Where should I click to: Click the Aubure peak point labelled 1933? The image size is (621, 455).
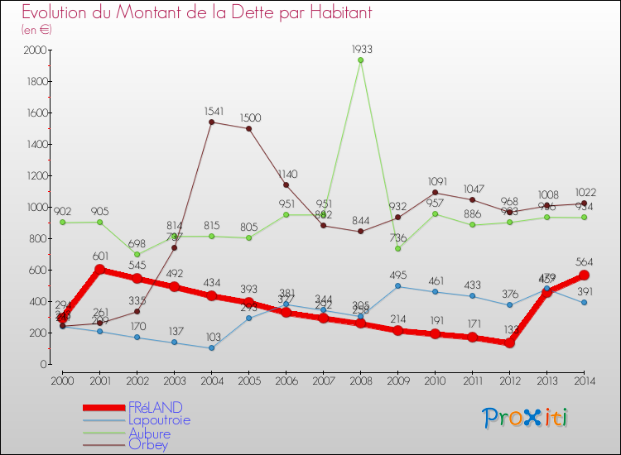click(x=360, y=60)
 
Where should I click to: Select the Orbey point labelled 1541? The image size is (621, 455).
click(x=211, y=122)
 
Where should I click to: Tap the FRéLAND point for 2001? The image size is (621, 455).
click(x=99, y=270)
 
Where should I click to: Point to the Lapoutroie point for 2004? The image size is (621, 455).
click(x=211, y=347)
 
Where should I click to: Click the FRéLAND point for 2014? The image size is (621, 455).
click(x=584, y=275)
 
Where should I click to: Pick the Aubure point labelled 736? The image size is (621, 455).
click(x=397, y=248)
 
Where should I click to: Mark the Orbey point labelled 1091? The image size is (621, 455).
click(x=435, y=193)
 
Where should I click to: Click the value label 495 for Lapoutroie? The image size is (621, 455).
click(x=397, y=275)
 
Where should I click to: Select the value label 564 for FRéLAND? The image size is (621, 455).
click(x=584, y=262)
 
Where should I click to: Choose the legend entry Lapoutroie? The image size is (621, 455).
click(x=159, y=420)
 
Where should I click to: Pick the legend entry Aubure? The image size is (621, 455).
click(x=149, y=433)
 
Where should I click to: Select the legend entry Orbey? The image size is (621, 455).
click(x=147, y=446)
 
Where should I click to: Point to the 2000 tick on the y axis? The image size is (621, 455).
click(x=35, y=50)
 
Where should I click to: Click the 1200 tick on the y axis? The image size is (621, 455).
click(x=35, y=175)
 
